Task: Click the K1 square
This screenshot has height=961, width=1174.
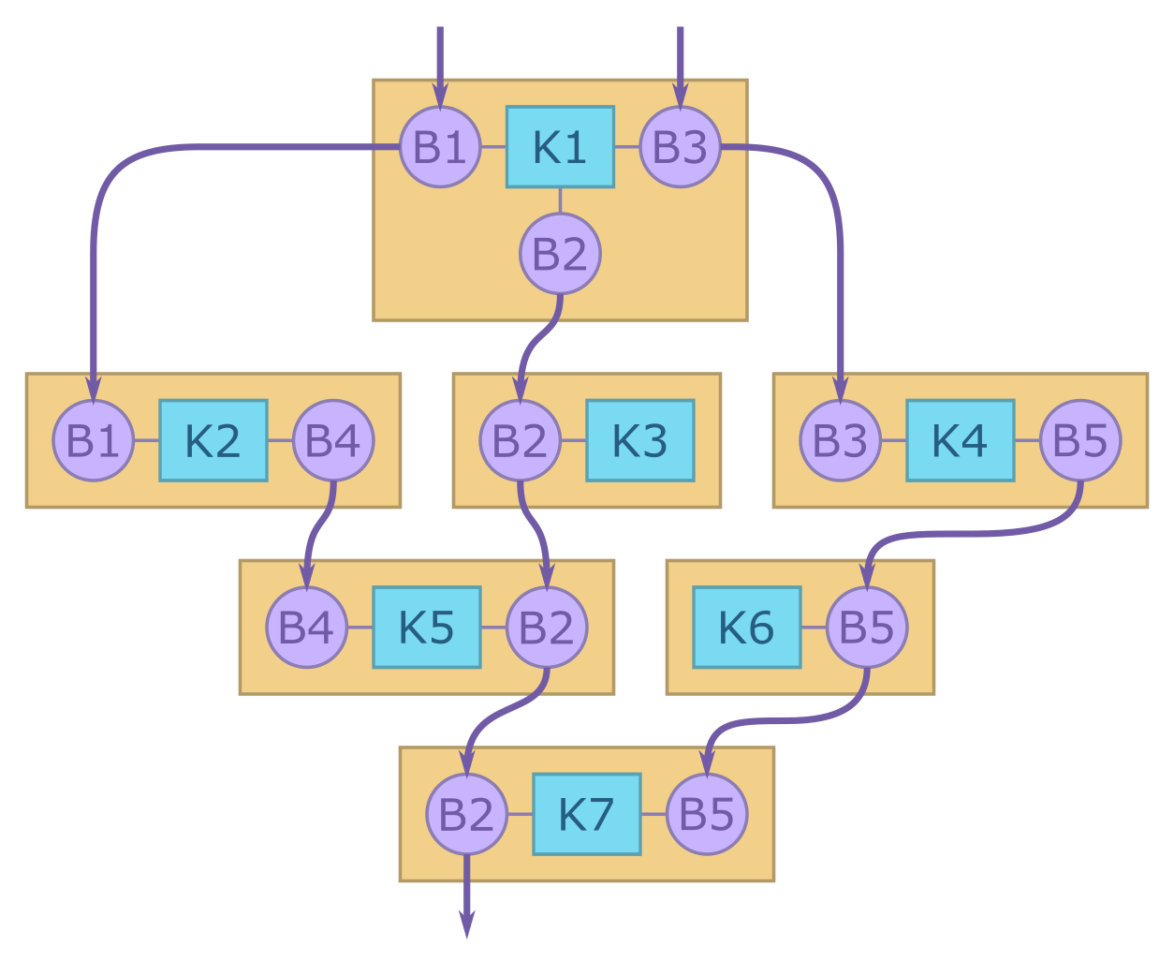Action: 560,147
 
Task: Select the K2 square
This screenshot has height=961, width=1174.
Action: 213,440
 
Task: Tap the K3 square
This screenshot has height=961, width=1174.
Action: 639,440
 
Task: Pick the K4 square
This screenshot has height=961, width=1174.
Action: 960,440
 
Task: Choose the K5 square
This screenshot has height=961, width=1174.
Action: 426,628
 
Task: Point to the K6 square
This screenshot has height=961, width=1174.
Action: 746,628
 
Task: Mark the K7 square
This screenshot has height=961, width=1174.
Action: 586,814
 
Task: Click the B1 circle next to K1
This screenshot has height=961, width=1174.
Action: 440,147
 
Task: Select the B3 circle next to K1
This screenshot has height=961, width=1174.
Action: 680,147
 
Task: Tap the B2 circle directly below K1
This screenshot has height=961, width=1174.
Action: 560,254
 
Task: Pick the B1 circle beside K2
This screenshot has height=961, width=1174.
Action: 93,440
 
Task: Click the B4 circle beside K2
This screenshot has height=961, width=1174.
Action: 333,440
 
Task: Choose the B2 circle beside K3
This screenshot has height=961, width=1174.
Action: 520,440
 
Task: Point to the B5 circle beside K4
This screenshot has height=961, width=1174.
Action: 1080,440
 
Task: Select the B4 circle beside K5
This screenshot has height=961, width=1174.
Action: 306,628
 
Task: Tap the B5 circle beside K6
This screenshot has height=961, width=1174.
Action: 867,628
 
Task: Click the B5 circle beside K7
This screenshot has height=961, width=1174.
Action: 707,814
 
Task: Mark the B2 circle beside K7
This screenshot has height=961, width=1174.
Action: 466,814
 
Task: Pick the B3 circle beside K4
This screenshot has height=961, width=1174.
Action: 840,440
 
